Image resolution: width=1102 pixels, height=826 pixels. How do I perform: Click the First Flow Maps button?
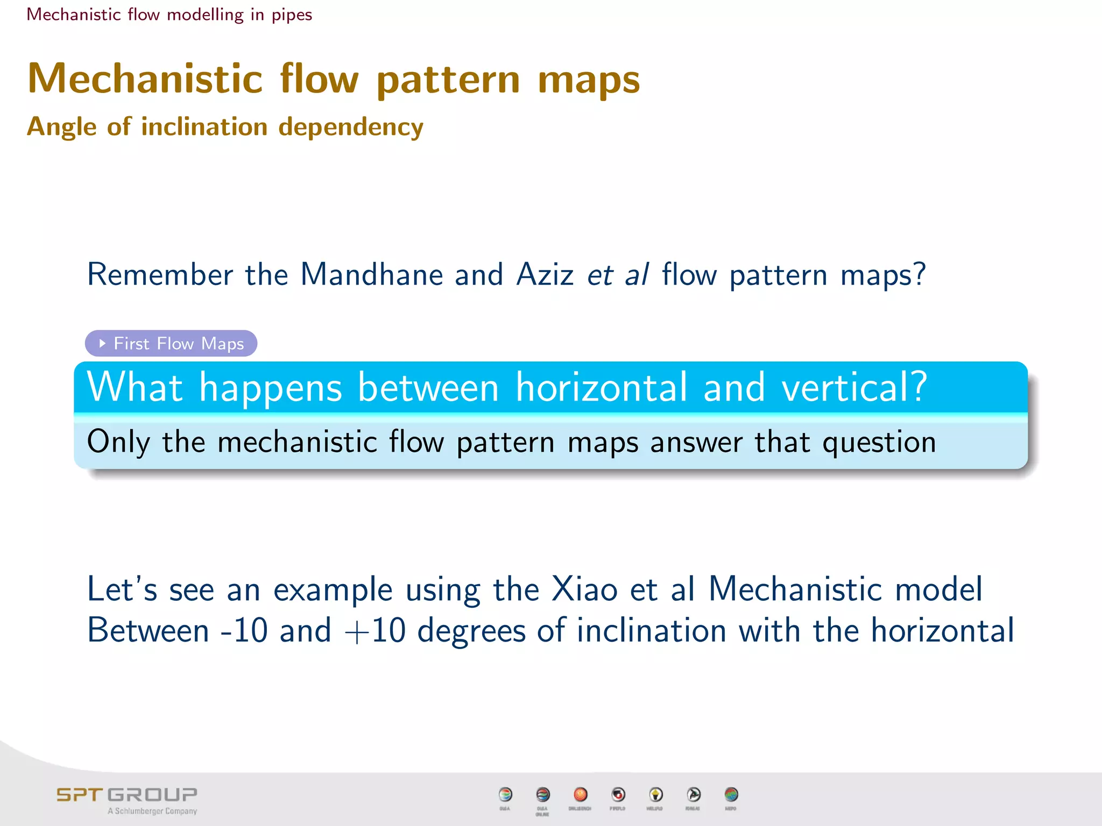point(171,343)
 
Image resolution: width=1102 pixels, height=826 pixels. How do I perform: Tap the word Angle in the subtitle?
point(62,127)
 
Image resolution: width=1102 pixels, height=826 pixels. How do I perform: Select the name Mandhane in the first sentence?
point(371,274)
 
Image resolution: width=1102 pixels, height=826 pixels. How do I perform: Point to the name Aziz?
point(545,274)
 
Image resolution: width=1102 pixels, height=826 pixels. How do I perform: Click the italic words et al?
point(618,274)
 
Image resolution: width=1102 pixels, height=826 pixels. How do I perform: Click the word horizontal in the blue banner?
point(602,387)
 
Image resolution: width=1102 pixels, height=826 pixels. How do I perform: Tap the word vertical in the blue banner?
point(854,387)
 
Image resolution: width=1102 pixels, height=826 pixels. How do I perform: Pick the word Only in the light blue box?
point(118,442)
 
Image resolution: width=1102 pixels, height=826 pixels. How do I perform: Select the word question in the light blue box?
point(879,443)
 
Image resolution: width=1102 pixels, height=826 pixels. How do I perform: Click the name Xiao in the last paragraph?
point(584,589)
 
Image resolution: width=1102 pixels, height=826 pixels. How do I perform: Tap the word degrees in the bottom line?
point(471,631)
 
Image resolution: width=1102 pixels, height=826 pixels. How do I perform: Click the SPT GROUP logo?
point(127,795)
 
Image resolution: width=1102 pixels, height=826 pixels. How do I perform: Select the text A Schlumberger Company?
point(152,811)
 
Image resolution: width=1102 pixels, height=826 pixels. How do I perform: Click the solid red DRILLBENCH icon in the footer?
point(580,794)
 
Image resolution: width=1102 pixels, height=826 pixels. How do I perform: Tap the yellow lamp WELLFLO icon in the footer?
point(655,794)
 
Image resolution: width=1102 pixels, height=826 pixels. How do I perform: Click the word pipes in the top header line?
point(292,15)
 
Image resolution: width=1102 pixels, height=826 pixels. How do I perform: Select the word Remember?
point(160,274)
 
